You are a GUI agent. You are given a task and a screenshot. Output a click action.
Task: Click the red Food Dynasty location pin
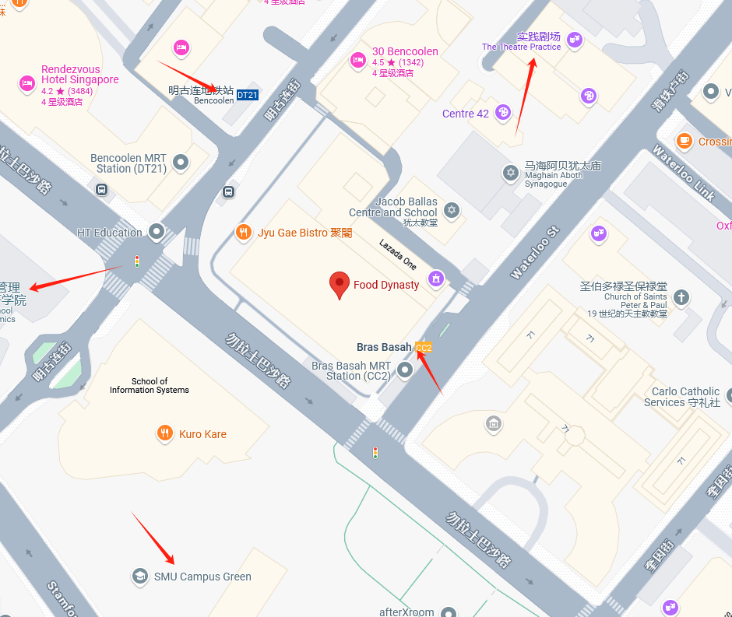click(x=339, y=285)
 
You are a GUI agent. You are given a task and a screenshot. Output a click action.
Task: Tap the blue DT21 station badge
click(x=247, y=95)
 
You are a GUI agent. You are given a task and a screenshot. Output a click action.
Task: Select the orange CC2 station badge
click(x=424, y=348)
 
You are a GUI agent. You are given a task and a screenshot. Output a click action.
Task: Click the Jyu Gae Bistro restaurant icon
click(x=244, y=232)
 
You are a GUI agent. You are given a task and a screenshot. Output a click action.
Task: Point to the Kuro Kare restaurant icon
click(x=165, y=433)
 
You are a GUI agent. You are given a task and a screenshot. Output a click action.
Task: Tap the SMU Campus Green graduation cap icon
click(x=140, y=576)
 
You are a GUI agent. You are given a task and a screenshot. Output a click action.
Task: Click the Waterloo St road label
click(x=535, y=254)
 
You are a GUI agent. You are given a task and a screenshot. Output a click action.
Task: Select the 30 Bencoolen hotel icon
click(x=358, y=59)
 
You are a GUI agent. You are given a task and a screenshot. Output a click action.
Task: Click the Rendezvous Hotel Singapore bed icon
click(x=26, y=82)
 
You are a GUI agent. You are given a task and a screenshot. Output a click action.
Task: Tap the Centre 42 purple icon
click(x=503, y=113)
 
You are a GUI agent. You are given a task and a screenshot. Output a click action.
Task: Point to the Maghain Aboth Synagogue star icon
click(x=511, y=172)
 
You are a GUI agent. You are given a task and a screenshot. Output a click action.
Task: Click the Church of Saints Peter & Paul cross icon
click(x=681, y=296)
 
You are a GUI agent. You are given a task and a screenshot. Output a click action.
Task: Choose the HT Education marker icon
click(x=157, y=232)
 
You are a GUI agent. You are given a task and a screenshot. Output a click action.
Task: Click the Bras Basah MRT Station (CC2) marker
click(x=404, y=370)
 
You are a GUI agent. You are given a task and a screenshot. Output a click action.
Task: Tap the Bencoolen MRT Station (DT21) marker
click(x=181, y=163)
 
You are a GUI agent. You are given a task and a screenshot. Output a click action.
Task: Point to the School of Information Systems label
click(x=150, y=386)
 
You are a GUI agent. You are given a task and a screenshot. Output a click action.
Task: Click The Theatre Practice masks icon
click(x=575, y=39)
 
